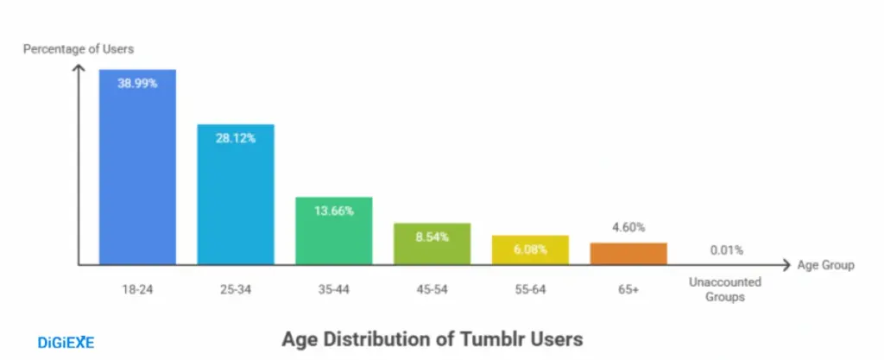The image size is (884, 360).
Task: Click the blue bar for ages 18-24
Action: coord(137,173)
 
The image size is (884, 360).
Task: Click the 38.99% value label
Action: coord(137,84)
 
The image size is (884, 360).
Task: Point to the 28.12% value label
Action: coord(236,138)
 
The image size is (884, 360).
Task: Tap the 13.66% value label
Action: coord(334,211)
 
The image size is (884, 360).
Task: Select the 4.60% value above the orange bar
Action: coord(628,228)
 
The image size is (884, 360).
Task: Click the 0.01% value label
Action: coord(727,250)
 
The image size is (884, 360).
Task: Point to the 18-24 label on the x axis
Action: coord(137,289)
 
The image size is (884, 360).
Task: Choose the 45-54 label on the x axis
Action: coord(433,289)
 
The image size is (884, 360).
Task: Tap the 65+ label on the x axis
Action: coord(628,289)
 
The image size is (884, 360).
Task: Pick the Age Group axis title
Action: coord(826,265)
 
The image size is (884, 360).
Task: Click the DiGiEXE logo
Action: coord(66,343)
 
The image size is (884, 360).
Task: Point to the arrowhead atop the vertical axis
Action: coord(79,69)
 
